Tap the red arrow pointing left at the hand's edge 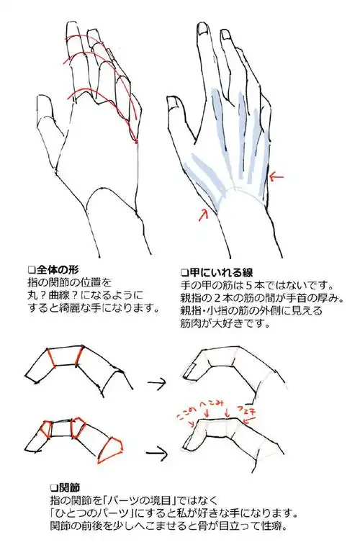[x=276, y=175]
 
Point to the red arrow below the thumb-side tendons [x=204, y=212]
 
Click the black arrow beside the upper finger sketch [x=157, y=382]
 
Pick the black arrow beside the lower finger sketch [x=157, y=452]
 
